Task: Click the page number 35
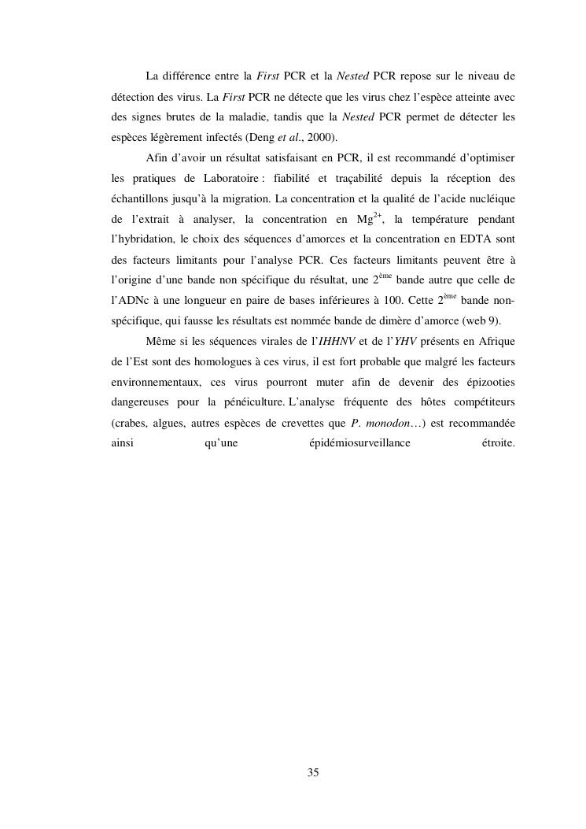tap(313, 772)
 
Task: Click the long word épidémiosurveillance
tap(360, 444)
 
